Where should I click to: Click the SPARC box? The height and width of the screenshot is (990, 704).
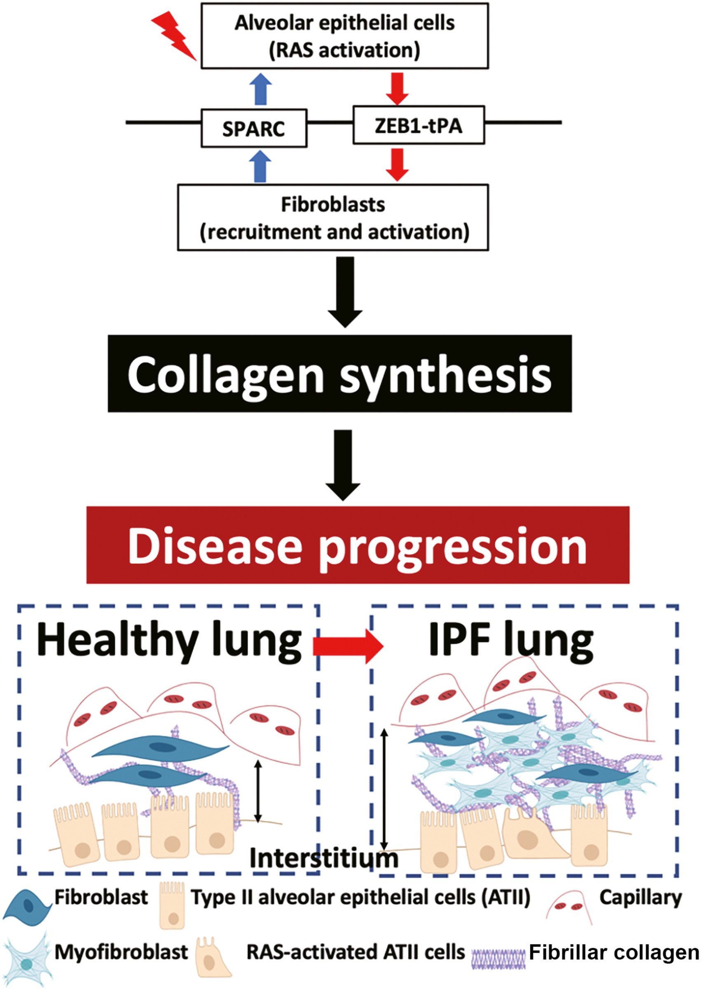pos(254,128)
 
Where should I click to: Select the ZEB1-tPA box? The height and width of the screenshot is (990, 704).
pos(419,125)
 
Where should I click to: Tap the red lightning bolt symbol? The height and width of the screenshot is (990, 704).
pos(174,35)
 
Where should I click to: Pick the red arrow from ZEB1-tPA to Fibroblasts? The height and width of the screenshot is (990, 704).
pos(397,164)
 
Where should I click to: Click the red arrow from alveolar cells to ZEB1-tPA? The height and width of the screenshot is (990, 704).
pos(397,89)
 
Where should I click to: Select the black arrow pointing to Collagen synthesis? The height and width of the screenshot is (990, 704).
pos(345,291)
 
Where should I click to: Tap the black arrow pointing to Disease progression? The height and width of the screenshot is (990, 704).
pos(343,464)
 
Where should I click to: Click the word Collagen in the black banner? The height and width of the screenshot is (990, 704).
pos(226,375)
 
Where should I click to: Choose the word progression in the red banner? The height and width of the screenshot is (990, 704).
pos(453,548)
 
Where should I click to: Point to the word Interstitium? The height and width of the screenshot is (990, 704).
pos(324,858)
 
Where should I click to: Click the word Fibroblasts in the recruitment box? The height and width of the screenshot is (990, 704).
pos(333,204)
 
